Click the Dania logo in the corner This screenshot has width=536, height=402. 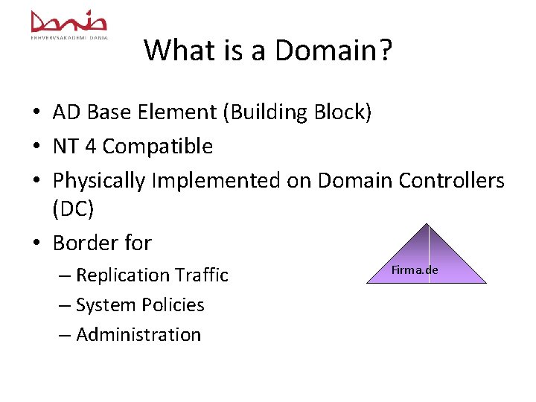click(68, 24)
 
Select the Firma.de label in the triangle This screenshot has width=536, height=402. click(415, 269)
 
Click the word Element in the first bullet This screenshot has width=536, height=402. click(185, 112)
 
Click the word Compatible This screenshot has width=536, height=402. click(158, 147)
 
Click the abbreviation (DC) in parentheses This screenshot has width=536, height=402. click(73, 210)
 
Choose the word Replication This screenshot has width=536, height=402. click(124, 275)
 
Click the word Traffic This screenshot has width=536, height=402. click(202, 275)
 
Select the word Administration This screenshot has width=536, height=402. click(138, 335)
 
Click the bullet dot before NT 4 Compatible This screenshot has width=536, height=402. click(36, 147)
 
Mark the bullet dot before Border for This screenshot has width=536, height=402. click(36, 243)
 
